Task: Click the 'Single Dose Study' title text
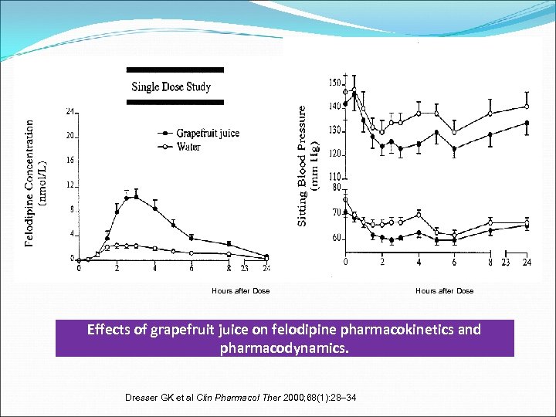(x=171, y=86)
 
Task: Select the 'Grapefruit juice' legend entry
(x=208, y=133)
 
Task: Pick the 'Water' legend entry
(x=188, y=146)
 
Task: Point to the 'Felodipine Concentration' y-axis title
(x=29, y=182)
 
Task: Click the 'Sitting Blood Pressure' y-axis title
(x=303, y=166)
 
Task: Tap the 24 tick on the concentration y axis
(x=69, y=111)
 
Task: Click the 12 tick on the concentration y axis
(x=69, y=185)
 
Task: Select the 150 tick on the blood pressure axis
(x=334, y=83)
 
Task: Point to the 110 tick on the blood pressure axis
(x=334, y=177)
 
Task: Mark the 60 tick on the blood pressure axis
(x=337, y=238)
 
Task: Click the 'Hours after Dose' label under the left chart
(x=240, y=291)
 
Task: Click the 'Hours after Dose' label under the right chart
(x=444, y=291)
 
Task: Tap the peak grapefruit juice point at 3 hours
(x=136, y=197)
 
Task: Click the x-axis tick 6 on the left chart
(x=192, y=269)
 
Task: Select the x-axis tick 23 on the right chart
(x=507, y=263)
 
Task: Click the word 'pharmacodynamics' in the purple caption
(x=284, y=348)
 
